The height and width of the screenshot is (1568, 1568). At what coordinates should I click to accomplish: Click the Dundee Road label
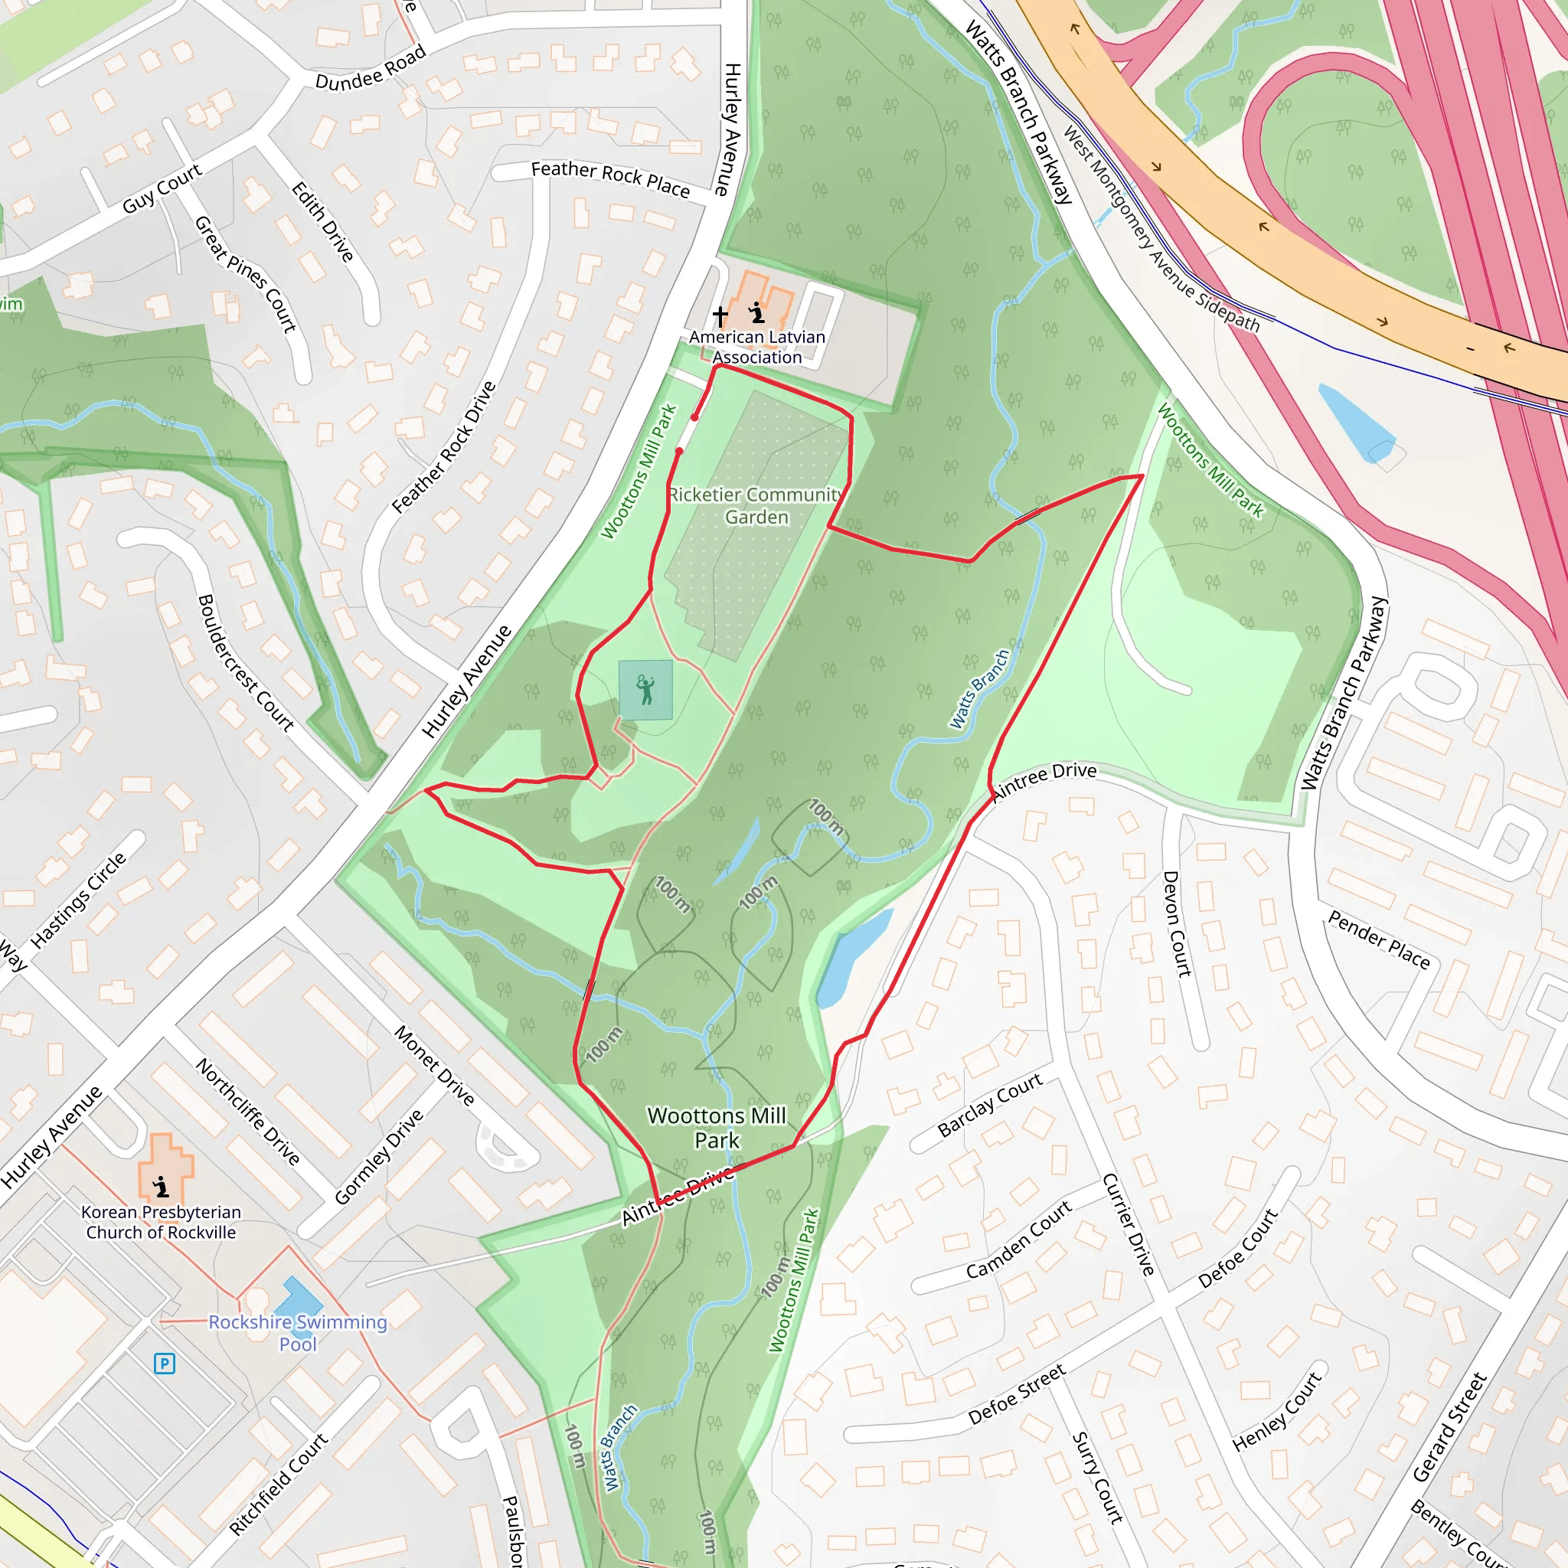pos(370,68)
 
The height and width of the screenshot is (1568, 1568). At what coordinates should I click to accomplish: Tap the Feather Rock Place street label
pos(609,178)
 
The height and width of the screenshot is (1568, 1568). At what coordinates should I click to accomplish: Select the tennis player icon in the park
pos(645,690)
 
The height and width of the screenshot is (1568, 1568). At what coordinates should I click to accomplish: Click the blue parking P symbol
pos(164,1364)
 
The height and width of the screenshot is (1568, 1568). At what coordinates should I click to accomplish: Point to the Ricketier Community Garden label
pos(756,505)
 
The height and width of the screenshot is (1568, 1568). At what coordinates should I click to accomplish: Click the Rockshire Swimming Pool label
pos(298,1333)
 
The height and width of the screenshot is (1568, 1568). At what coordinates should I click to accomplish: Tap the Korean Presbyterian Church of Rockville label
pos(161,1221)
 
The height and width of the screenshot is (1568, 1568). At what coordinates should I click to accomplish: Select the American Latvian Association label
pos(756,347)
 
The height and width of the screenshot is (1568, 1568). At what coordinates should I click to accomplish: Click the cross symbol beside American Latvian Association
pos(720,315)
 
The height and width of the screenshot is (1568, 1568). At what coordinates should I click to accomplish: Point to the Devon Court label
pos(1177,923)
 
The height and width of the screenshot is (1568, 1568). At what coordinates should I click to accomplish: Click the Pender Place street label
pos(1378,940)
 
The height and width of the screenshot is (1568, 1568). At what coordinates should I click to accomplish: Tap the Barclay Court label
pos(989,1105)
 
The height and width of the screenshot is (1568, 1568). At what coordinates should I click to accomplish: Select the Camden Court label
pos(1018,1240)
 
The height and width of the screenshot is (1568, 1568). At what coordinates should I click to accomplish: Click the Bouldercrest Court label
pos(245,663)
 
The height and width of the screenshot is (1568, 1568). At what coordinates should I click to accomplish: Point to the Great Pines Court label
pos(245,274)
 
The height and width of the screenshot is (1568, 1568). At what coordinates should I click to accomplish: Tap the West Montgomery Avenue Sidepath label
pos(1161,229)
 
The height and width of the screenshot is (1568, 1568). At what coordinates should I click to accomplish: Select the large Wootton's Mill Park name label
pos(717,1127)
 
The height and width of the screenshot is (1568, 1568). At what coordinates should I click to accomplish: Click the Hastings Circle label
pos(79,900)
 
